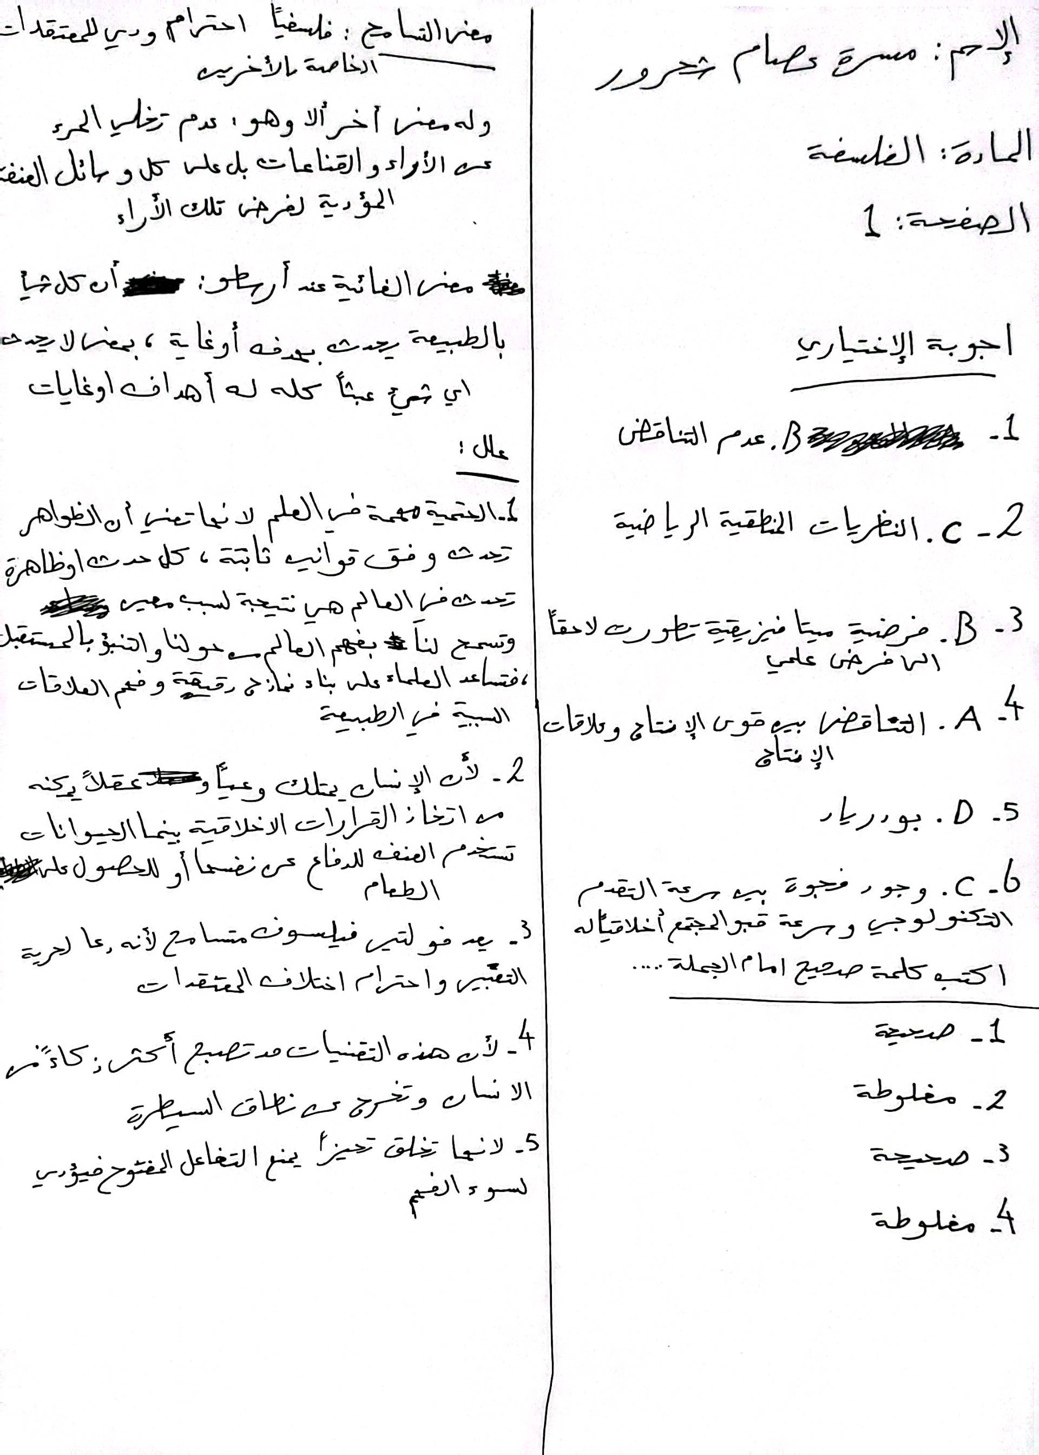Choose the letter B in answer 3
964,632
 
